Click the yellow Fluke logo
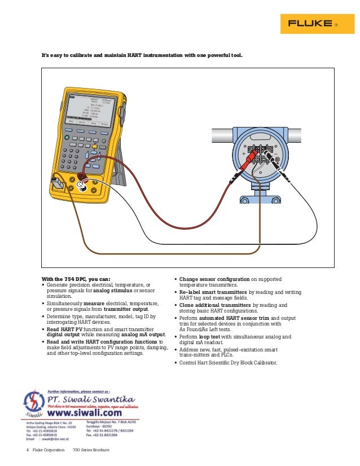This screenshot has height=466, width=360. coord(312,24)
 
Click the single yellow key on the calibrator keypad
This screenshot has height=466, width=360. coord(95,147)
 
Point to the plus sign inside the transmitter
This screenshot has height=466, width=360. coord(244,153)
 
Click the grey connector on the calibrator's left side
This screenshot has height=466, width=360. coord(56,184)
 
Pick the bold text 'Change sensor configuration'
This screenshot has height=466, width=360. coord(214,279)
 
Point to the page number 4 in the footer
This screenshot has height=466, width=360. coord(27,450)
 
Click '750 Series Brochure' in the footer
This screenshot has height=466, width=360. coord(91,450)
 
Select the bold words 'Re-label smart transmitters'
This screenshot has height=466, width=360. coord(213,292)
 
